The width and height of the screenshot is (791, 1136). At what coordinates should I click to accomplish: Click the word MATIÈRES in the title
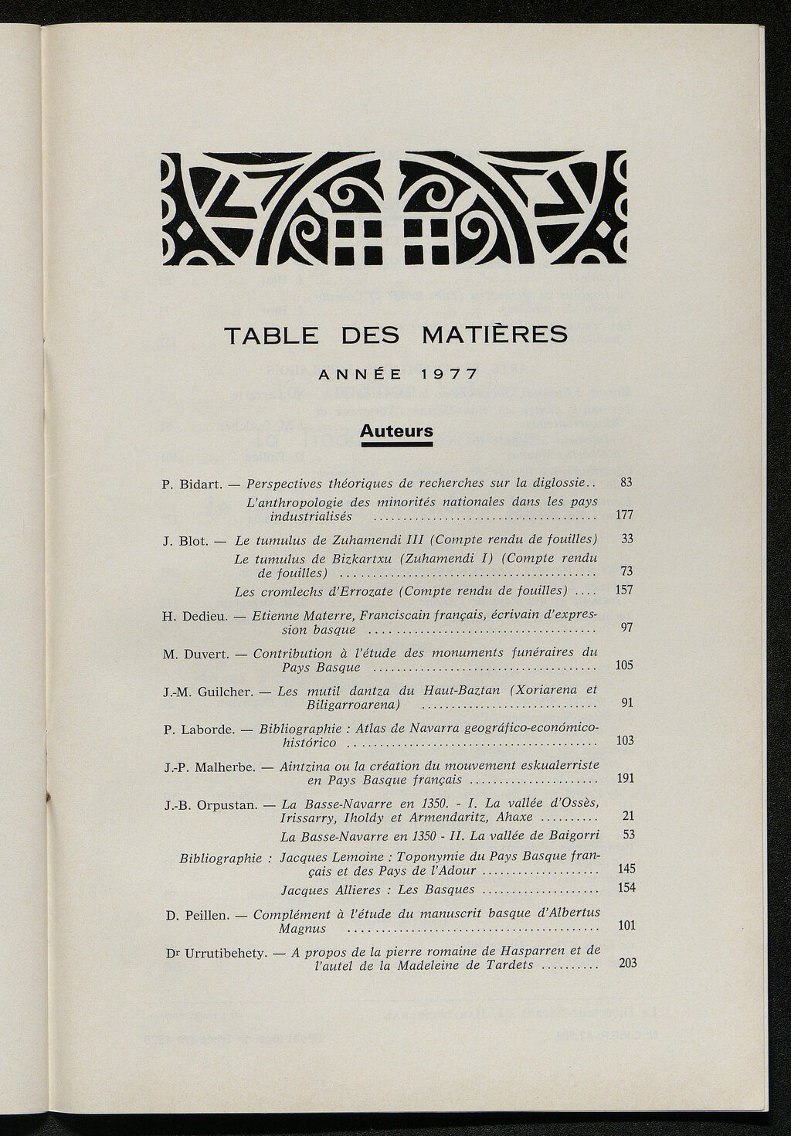494,335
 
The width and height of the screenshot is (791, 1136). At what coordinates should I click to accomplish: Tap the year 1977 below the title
450,375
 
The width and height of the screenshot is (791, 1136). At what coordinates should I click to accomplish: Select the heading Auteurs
396,431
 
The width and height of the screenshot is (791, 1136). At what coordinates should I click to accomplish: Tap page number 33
626,539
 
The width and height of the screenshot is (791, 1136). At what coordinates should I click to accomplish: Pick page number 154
627,887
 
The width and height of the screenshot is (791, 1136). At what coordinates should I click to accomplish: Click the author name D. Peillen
197,916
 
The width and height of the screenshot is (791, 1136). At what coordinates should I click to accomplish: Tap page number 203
627,963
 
